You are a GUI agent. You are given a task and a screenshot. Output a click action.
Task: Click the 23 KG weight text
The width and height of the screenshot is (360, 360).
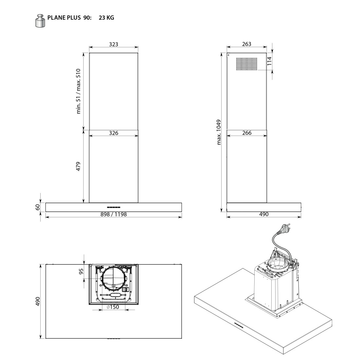106,18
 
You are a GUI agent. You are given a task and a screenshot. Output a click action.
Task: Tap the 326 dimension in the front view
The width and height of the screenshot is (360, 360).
113,133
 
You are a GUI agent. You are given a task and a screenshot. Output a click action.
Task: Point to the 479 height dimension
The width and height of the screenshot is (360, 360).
79,166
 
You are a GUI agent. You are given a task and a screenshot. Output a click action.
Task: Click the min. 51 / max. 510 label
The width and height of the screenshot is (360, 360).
79,91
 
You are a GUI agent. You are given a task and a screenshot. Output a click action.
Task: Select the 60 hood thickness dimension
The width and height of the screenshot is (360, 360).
38,207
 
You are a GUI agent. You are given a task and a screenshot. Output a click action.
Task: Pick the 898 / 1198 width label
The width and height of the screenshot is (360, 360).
113,214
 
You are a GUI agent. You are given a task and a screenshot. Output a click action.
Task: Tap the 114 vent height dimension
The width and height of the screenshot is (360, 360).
270,61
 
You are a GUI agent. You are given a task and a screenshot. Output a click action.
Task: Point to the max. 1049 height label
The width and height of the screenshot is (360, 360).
220,132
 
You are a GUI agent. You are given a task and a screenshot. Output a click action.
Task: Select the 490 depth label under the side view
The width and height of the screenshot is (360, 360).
263,214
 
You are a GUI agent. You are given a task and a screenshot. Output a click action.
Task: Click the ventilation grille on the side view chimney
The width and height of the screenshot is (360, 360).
246,64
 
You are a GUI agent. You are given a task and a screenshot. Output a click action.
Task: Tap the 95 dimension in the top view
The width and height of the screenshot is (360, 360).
81,271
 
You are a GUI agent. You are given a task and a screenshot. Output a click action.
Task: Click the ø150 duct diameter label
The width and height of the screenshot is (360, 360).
113,307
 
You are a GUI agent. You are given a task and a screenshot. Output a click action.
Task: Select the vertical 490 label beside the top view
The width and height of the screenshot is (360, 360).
38,302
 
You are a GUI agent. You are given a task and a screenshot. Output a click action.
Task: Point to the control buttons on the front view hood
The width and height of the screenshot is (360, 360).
113,207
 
